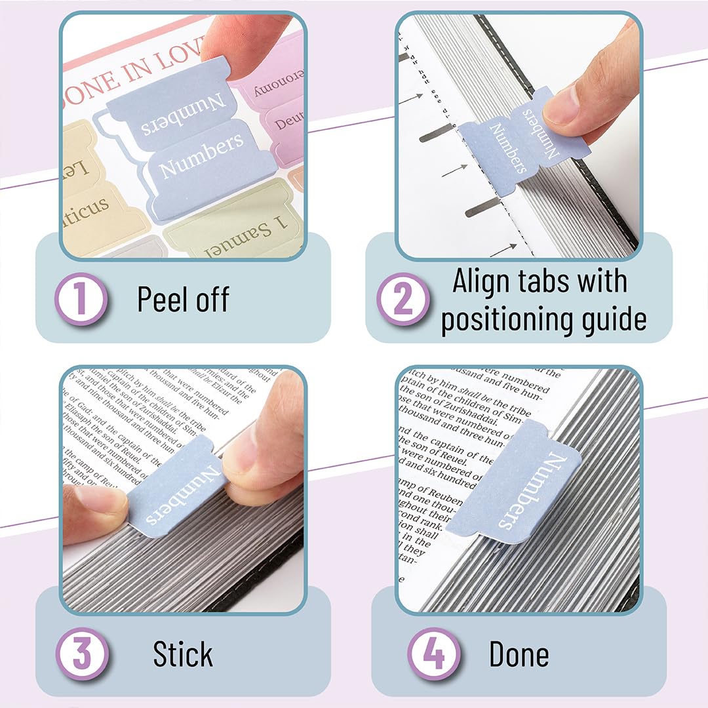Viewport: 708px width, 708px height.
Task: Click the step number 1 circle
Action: point(82,299)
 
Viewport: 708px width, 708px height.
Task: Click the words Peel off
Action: point(184,300)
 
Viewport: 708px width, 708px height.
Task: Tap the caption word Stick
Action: point(183,654)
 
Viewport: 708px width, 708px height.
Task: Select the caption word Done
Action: point(519,654)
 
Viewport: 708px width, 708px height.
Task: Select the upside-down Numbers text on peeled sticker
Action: point(184,115)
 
